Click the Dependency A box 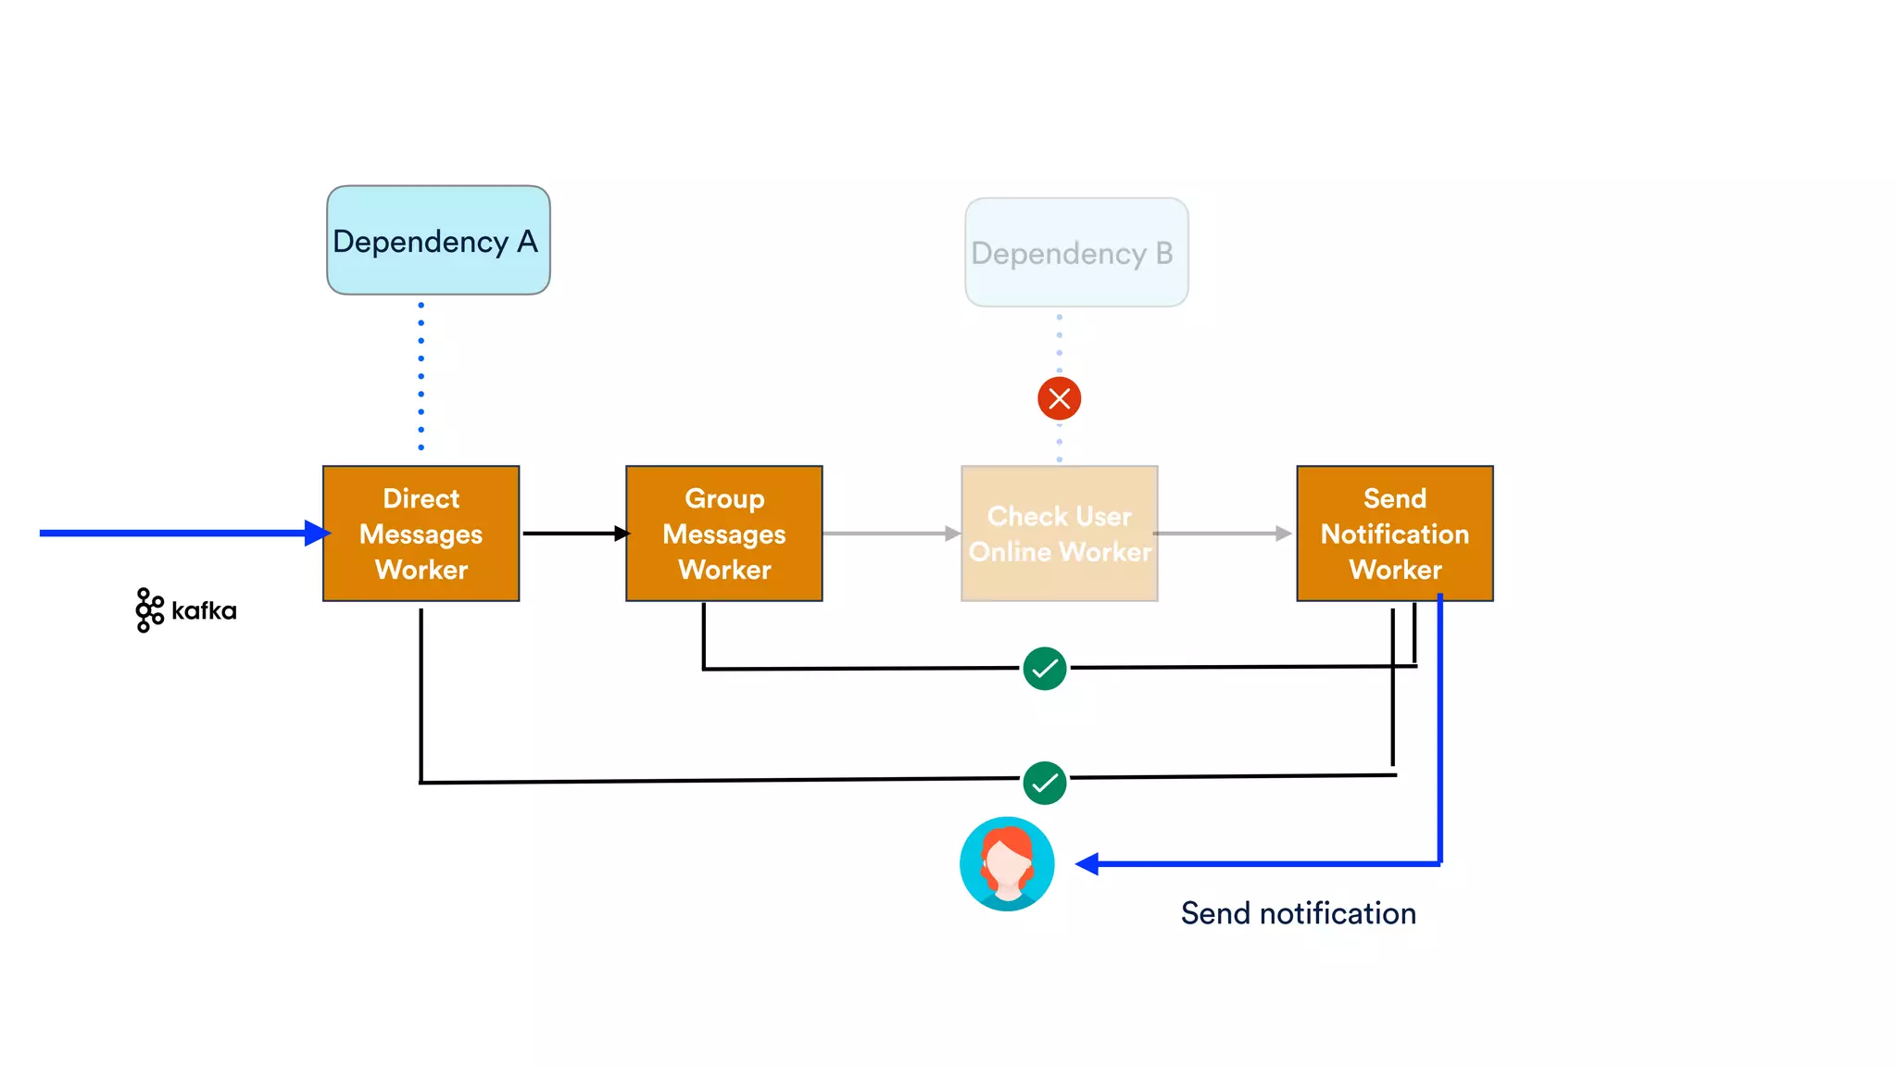click(438, 241)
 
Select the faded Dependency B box click(1076, 252)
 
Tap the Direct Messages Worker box click(421, 533)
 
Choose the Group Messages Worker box click(723, 533)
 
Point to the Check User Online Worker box click(1059, 533)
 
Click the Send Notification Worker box click(1394, 533)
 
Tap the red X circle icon click(1059, 398)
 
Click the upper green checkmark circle click(1044, 669)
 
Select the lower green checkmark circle click(1044, 783)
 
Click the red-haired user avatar click(1007, 863)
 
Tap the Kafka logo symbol click(149, 610)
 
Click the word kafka click(204, 611)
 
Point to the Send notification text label click(1298, 913)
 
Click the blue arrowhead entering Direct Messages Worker click(317, 533)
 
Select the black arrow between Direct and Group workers click(575, 533)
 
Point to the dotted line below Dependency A click(421, 376)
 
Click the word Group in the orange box click(724, 498)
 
